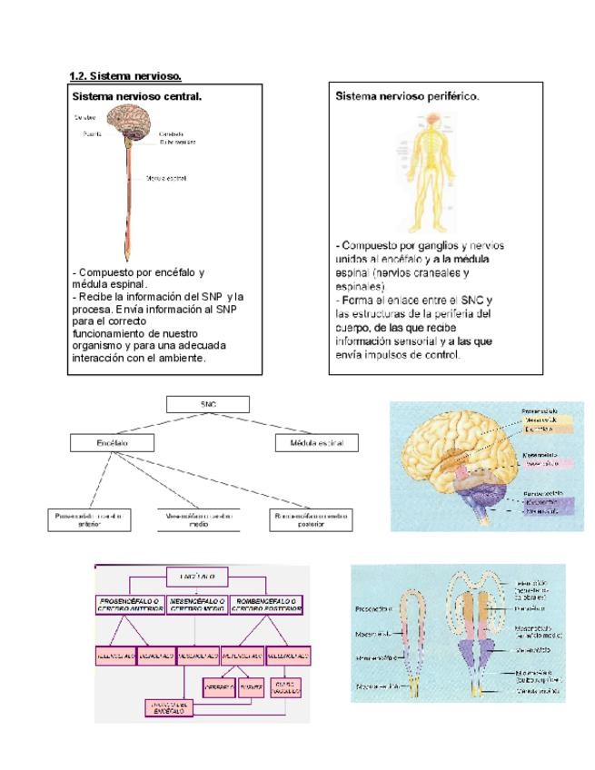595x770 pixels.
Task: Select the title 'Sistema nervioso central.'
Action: tap(136, 95)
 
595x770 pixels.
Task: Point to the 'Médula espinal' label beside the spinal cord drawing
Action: tap(166, 179)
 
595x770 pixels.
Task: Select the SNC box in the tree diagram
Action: tap(207, 404)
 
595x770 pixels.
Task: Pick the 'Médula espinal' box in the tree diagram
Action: tap(315, 443)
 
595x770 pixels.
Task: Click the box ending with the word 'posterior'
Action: tap(311, 518)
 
